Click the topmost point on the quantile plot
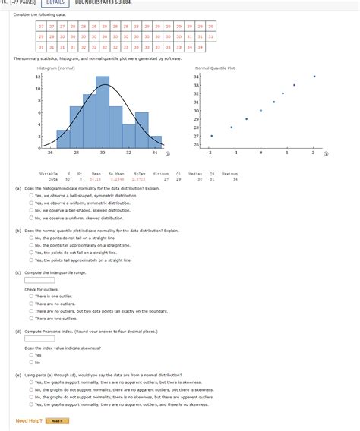click(314, 77)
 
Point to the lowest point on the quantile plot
click(211, 136)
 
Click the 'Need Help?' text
click(27, 420)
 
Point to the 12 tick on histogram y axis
click(37, 77)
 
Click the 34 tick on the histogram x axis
click(155, 153)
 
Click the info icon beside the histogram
click(168, 153)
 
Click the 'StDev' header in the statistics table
click(139, 174)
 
